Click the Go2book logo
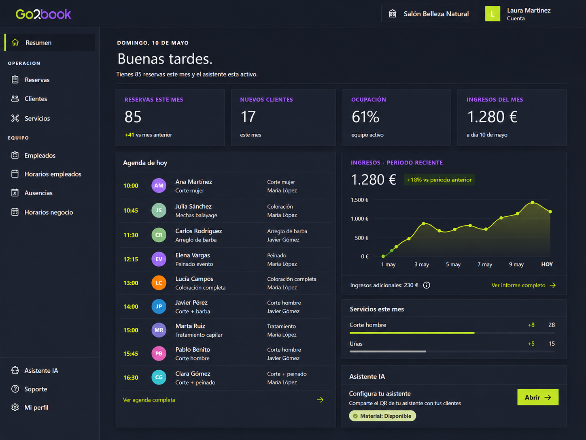43,14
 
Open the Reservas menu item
37,80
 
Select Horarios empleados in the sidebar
53,174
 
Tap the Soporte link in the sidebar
36,389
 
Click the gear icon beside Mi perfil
15,408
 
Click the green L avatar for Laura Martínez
493,14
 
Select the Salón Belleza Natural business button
429,14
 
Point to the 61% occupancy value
365,117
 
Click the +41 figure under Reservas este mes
129,135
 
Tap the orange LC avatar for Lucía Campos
159,283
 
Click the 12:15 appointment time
131,259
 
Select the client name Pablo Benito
193,349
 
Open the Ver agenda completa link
149,400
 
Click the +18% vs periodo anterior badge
439,180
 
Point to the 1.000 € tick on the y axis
360,219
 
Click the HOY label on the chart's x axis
547,264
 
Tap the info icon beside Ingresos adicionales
427,285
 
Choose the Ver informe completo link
524,285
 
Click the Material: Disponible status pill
382,416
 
